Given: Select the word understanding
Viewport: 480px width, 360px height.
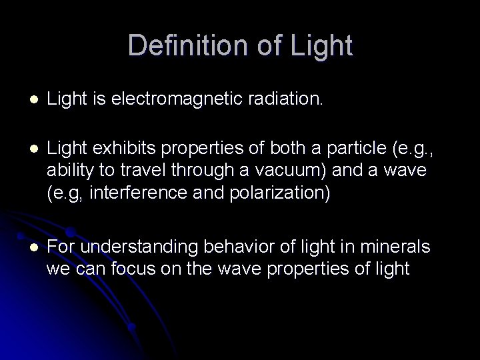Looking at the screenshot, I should [127, 247].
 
